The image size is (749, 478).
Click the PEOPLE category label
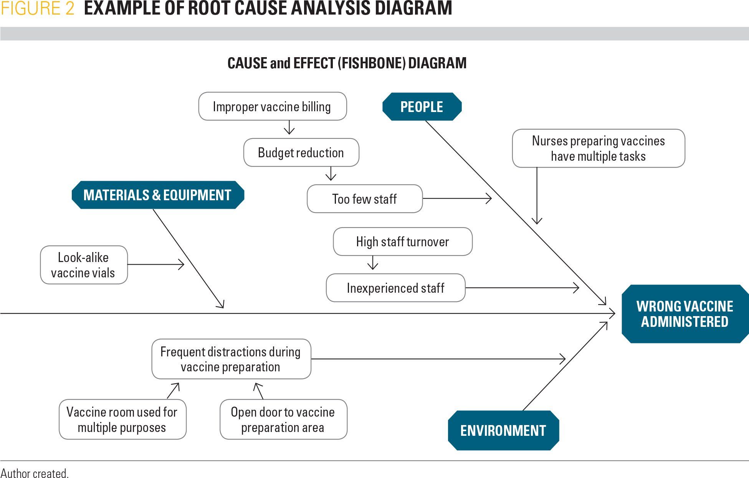(x=422, y=107)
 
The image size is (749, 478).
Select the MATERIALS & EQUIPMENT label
(x=157, y=195)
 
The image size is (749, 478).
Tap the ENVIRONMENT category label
(x=503, y=430)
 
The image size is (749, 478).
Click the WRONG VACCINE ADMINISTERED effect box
(x=685, y=314)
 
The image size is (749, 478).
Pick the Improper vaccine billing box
(x=272, y=106)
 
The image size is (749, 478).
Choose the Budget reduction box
(x=301, y=153)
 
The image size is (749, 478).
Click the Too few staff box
(x=364, y=199)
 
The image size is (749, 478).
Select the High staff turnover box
(x=402, y=242)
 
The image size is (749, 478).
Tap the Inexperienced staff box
(x=395, y=288)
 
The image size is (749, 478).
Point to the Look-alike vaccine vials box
(x=83, y=265)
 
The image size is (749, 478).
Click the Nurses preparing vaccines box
(x=598, y=148)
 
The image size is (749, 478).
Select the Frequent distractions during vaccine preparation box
(x=231, y=359)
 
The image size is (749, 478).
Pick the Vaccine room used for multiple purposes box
(x=122, y=419)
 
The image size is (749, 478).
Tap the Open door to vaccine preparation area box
(x=283, y=419)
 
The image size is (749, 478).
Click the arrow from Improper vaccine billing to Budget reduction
(x=289, y=128)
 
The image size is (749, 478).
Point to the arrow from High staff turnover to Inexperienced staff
(x=372, y=263)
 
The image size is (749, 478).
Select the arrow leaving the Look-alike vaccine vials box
(x=155, y=264)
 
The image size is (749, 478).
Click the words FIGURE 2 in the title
(x=37, y=8)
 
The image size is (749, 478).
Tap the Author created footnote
(x=35, y=473)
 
